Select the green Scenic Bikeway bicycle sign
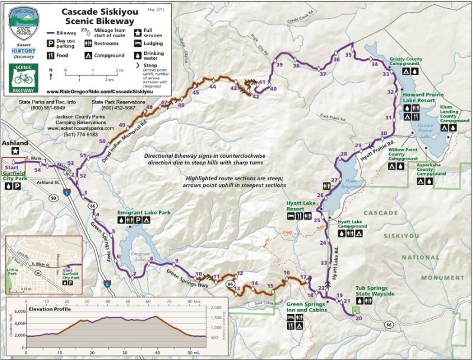coord(24,77)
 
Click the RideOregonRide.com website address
coord(106,92)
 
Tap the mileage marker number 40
coord(273,89)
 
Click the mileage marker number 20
coord(358,319)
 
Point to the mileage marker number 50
coord(102,141)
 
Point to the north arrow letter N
coord(51,69)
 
